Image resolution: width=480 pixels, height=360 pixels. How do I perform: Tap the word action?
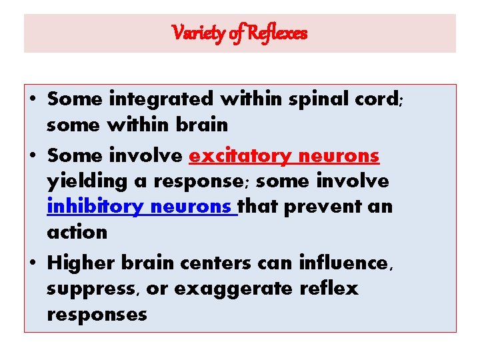[77, 232]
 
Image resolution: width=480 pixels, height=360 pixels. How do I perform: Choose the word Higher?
[82, 263]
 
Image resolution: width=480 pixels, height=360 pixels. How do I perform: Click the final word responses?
[97, 314]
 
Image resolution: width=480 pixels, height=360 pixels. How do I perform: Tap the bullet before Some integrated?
[33, 100]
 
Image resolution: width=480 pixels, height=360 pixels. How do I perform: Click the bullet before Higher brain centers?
[33, 264]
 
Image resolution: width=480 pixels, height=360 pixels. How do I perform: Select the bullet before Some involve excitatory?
[33, 157]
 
